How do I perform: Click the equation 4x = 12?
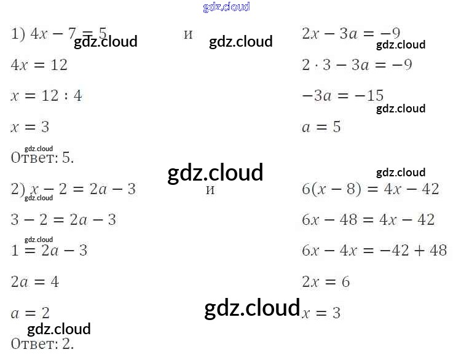click(x=39, y=65)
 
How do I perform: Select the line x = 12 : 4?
click(x=46, y=96)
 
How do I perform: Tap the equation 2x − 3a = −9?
click(x=351, y=33)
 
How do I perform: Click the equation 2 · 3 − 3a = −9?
click(x=356, y=65)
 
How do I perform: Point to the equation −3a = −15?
click(x=342, y=96)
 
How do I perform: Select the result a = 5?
click(x=321, y=127)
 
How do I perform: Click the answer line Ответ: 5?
click(x=42, y=158)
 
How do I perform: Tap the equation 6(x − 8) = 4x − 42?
click(x=370, y=189)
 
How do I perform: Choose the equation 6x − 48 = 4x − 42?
click(x=368, y=220)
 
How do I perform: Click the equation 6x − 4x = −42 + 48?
click(x=374, y=251)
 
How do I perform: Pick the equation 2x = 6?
click(x=326, y=282)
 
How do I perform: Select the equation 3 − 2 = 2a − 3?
click(x=63, y=220)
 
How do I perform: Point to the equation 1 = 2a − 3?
click(x=49, y=251)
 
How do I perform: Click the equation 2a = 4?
click(x=35, y=282)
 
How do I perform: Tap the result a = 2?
click(x=30, y=313)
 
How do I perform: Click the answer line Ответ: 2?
click(x=42, y=344)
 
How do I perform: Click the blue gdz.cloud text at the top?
click(x=226, y=7)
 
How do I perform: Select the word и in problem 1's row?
click(x=188, y=34)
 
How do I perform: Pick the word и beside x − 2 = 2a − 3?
click(x=210, y=189)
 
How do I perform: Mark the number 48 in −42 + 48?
click(x=438, y=251)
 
